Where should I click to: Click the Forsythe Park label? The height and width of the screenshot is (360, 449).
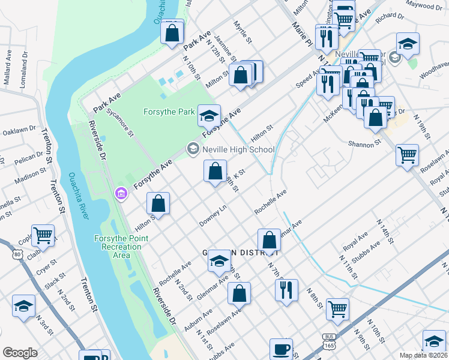[169, 112]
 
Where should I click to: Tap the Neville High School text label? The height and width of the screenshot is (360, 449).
[238, 149]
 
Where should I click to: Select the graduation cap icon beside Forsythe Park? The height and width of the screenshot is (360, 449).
[209, 115]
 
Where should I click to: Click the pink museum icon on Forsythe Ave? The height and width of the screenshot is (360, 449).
[121, 193]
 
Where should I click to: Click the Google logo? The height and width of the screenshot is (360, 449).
[20, 352]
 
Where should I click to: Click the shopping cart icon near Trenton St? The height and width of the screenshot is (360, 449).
[43, 236]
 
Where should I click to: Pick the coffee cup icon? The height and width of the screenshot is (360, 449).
[281, 349]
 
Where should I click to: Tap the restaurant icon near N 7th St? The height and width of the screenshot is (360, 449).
[286, 290]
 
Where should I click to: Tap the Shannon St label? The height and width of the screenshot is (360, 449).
[365, 144]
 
